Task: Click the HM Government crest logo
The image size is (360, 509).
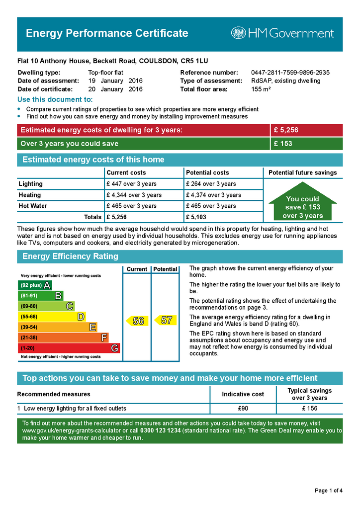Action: [238, 33]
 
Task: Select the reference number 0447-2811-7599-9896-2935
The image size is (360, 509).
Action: [290, 73]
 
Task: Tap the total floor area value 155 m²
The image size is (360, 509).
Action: [261, 89]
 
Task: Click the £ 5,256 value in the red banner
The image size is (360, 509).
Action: [286, 130]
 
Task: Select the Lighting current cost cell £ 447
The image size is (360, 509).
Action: [131, 184]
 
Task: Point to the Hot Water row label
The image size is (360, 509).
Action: [33, 206]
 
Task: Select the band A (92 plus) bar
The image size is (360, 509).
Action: [35, 285]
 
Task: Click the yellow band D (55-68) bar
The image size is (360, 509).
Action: [52, 317]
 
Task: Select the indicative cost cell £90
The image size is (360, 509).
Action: [243, 409]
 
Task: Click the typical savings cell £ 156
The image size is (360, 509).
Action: [310, 409]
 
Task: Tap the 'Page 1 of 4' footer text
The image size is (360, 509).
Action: [329, 491]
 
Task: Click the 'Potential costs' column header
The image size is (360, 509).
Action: [207, 172]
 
